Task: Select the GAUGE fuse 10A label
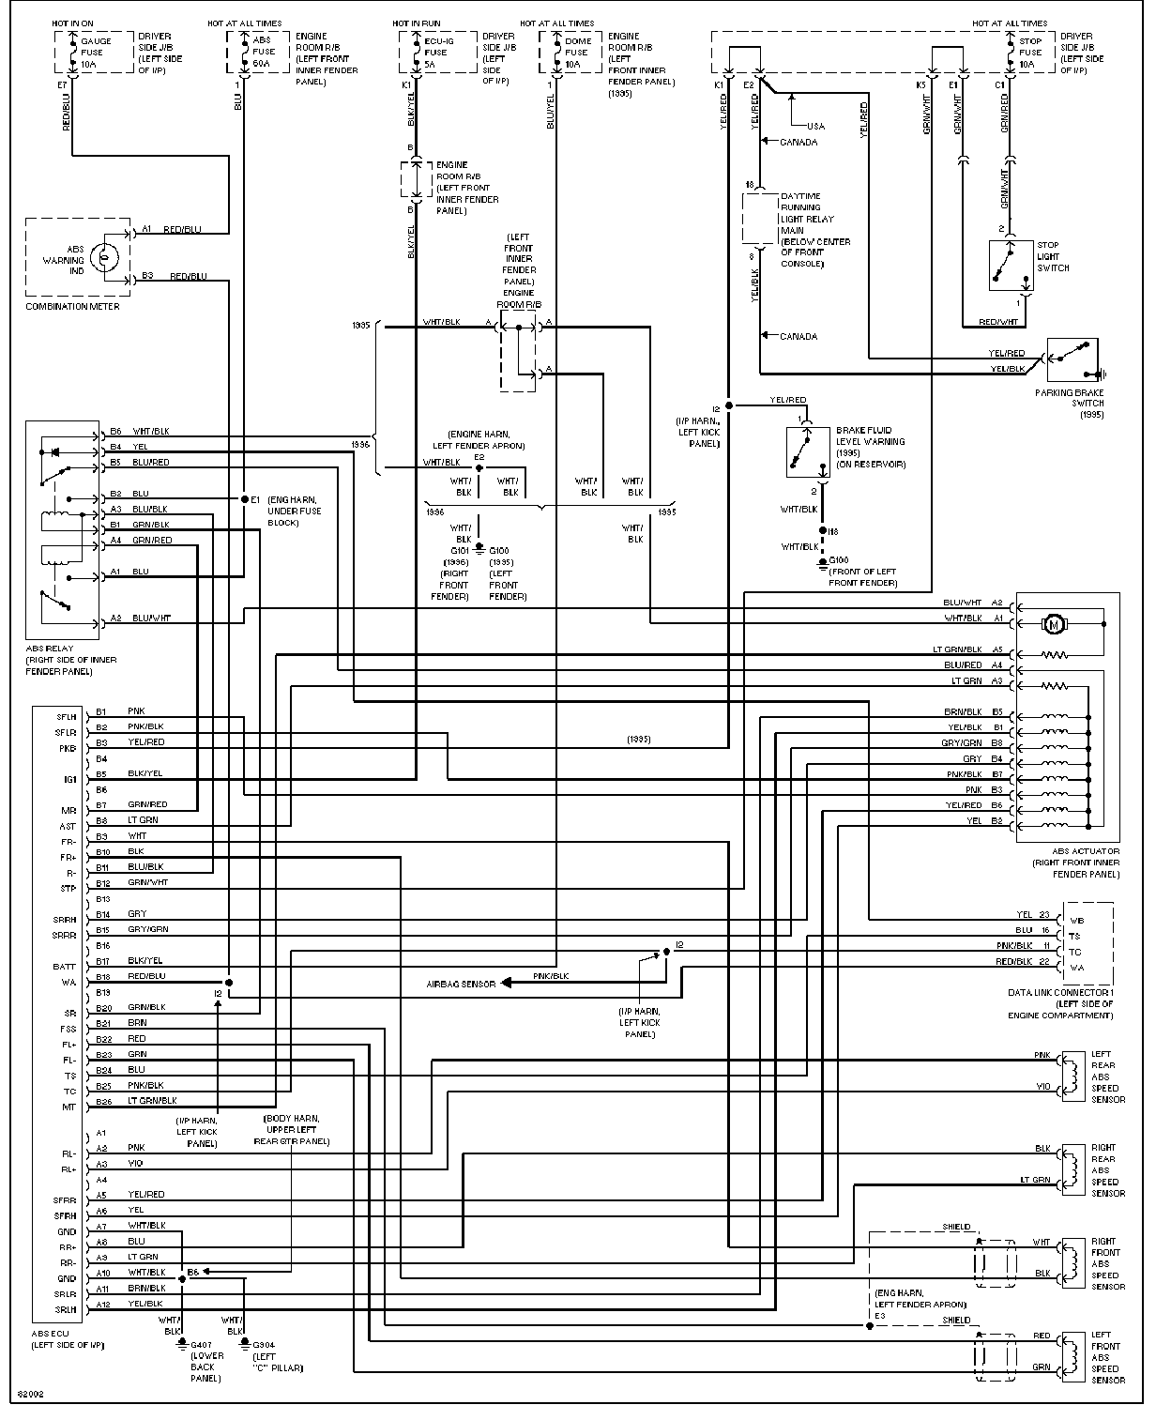[95, 52]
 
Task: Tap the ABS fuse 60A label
[264, 52]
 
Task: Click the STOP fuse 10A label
[1029, 52]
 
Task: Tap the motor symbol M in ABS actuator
[1053, 622]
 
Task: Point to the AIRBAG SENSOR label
[461, 984]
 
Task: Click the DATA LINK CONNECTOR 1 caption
[1060, 992]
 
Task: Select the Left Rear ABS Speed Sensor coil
[1068, 1076]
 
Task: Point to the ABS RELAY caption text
[50, 649]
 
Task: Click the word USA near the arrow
[815, 127]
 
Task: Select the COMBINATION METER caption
[72, 306]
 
